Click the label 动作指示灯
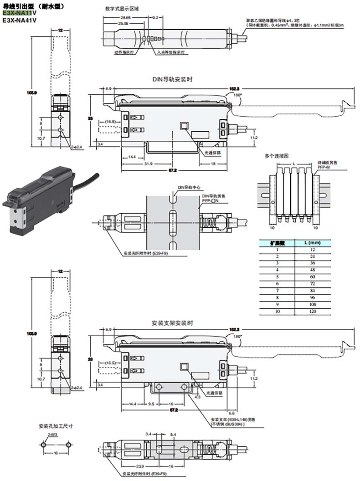(x=123, y=52)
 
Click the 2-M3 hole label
(x=51, y=435)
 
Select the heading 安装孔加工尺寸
(x=56, y=427)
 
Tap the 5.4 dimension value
(x=173, y=435)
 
